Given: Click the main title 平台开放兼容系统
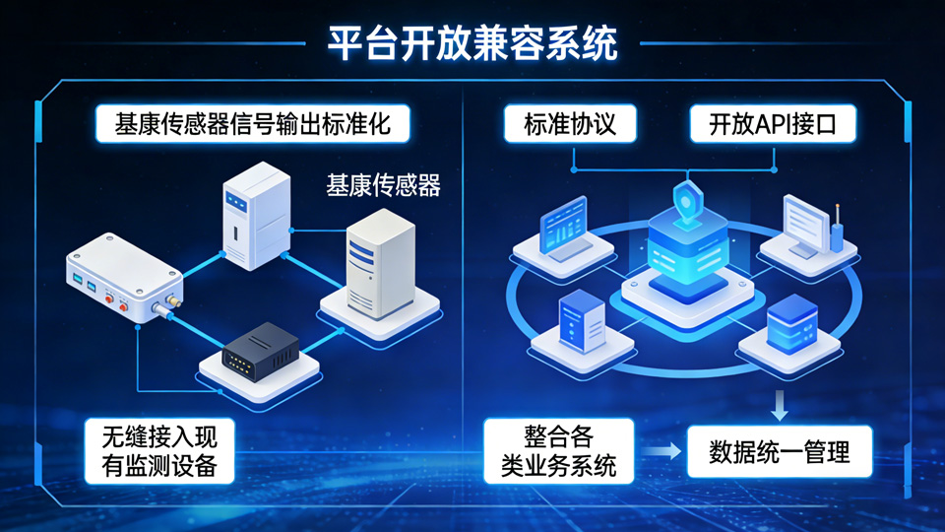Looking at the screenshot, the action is pyautogui.click(x=472, y=43).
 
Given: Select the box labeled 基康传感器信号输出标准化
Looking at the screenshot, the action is pyautogui.click(x=253, y=124).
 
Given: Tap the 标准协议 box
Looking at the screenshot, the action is pyautogui.click(x=570, y=124).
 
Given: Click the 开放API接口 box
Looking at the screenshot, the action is pyautogui.click(x=773, y=124).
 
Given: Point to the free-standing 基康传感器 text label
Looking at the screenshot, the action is pyautogui.click(x=383, y=185).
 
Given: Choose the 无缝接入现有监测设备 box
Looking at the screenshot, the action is pyautogui.click(x=159, y=451).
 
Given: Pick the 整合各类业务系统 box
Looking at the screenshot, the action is pyautogui.click(x=559, y=451).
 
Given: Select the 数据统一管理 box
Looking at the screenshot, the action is pyautogui.click(x=780, y=452).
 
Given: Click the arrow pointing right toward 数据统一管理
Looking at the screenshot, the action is pyautogui.click(x=661, y=451).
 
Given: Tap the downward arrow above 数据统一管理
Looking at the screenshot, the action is pyautogui.click(x=780, y=405).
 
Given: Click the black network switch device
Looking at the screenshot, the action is pyautogui.click(x=260, y=352).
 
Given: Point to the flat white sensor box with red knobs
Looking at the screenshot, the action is pyautogui.click(x=124, y=278).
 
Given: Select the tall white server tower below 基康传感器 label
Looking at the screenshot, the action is pyautogui.click(x=380, y=264).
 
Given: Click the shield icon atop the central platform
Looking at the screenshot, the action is pyautogui.click(x=688, y=201).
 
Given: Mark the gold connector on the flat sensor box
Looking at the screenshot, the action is pyautogui.click(x=173, y=300).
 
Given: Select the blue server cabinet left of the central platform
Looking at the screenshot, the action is pyautogui.click(x=582, y=320).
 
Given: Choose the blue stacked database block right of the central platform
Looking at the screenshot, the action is pyautogui.click(x=791, y=324).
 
